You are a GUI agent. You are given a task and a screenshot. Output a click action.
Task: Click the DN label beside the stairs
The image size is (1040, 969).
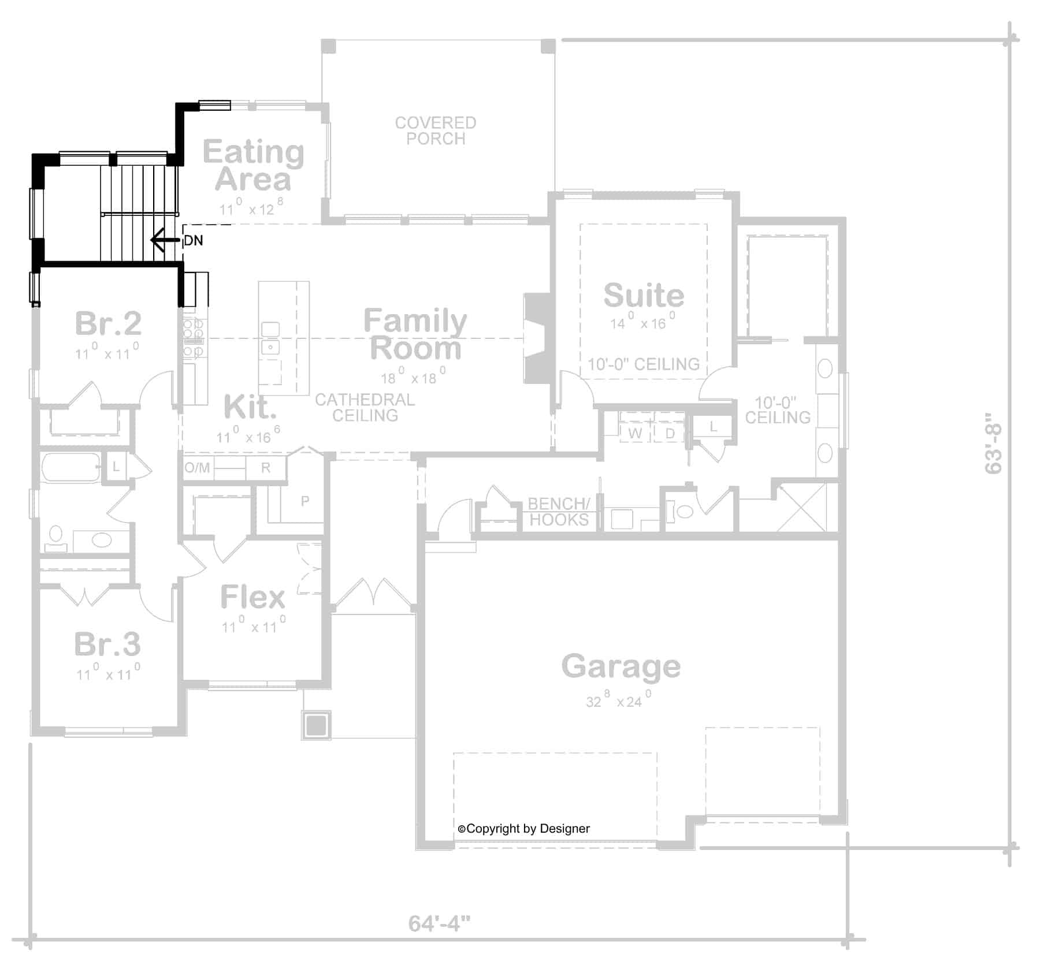pos(194,240)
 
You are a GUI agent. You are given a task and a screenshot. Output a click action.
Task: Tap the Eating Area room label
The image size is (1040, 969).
pos(253,166)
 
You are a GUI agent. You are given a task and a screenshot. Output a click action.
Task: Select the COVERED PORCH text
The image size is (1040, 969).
pos(436,131)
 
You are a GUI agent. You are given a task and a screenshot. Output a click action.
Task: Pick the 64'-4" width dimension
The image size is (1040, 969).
pos(439,923)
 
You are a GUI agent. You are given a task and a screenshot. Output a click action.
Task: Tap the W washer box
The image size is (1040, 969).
pos(635,433)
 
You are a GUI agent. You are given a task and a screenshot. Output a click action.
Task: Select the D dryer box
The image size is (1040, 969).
pos(670,433)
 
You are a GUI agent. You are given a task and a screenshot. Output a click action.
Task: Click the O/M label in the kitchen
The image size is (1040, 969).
pos(197,468)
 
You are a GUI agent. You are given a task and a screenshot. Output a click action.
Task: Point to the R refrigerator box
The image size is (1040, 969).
pos(266,468)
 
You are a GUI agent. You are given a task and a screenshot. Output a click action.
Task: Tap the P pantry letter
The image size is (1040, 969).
pos(305,501)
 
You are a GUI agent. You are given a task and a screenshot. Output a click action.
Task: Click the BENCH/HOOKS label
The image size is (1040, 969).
pos(559,512)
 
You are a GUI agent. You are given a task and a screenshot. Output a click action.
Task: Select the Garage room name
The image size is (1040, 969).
pos(621,666)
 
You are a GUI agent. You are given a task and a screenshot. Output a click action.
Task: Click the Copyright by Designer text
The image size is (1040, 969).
pos(524,829)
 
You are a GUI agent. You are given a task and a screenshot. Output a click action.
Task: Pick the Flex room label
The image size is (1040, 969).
pos(253,597)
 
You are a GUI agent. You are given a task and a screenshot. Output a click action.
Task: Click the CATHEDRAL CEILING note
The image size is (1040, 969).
pos(365,407)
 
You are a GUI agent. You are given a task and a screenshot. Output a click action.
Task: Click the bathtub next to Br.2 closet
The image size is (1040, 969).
pos(70,468)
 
